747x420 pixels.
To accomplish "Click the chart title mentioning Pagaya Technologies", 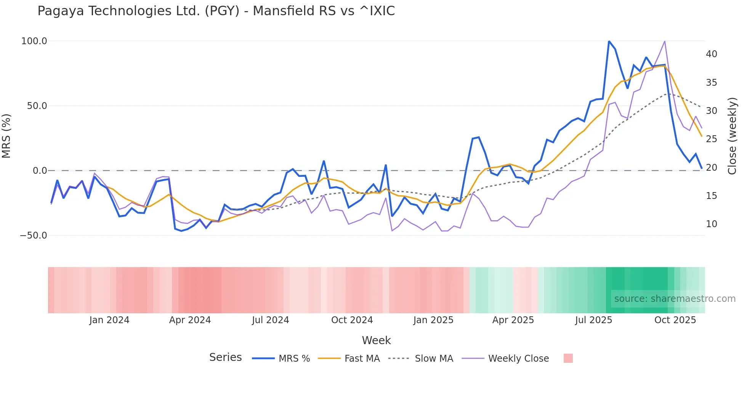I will click(216, 11).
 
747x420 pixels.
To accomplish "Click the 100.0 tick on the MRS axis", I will click(34, 41).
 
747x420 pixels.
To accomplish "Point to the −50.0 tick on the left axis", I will click(33, 236).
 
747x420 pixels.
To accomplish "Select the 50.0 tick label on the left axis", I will click(37, 106).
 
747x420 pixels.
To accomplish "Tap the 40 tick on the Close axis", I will click(711, 54).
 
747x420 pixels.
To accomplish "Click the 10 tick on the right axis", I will click(711, 224).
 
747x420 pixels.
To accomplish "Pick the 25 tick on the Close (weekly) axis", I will click(711, 139).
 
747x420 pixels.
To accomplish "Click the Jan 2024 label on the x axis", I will click(109, 320).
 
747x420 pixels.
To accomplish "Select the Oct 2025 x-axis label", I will click(675, 320).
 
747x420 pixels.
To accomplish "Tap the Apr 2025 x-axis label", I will click(513, 320).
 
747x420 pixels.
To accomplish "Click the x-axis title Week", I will click(376, 340).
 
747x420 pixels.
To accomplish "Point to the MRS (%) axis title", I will click(6, 136).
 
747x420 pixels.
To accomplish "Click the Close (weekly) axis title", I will click(732, 136).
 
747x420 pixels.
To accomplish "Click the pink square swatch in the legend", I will click(568, 358).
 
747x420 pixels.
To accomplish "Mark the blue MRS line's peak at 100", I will click(609, 41).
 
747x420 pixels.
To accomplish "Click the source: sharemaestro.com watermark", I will click(675, 299).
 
